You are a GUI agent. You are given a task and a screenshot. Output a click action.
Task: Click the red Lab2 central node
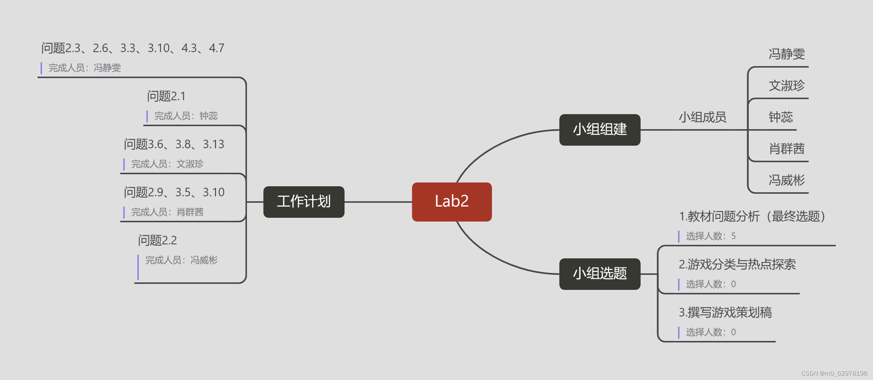[x=452, y=202]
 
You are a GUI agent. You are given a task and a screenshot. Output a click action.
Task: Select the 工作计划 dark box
[x=304, y=202]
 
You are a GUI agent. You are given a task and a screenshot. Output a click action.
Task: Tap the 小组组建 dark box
[x=599, y=130]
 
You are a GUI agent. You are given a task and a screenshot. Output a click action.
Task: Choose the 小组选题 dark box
[x=599, y=274]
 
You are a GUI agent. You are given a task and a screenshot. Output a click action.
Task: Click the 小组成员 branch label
[x=702, y=118]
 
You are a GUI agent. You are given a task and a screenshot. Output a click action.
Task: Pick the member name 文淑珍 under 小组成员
[x=786, y=86]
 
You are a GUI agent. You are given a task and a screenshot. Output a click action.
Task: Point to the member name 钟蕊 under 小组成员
[x=780, y=117]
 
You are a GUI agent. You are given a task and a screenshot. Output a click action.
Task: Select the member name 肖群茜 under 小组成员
[x=786, y=149]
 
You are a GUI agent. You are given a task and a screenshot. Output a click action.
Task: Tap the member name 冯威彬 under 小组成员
[x=786, y=180]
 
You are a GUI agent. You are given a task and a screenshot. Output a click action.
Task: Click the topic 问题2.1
[x=166, y=97]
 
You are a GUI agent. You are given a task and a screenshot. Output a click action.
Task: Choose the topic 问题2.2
[x=157, y=240]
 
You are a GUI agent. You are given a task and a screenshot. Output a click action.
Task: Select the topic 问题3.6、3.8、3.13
[x=174, y=144]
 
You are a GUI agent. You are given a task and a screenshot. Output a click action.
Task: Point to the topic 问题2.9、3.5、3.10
[x=174, y=192]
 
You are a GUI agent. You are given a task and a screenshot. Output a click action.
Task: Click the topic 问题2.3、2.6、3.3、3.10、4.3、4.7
[x=132, y=48]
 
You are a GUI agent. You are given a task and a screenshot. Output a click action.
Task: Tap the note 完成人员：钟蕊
[x=186, y=116]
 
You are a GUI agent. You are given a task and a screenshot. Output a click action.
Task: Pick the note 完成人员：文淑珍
[x=167, y=164]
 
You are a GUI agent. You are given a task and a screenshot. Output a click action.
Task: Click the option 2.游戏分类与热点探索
[x=737, y=264]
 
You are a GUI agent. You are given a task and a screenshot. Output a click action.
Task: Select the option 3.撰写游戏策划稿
[x=725, y=312]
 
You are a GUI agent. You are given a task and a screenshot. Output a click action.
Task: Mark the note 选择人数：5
[x=710, y=236]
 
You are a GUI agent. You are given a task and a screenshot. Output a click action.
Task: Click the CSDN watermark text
[x=834, y=373]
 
